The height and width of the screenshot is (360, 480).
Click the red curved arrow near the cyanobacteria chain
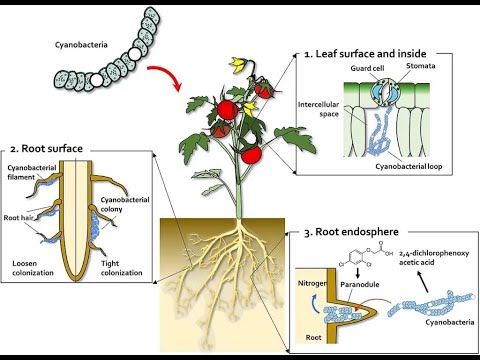(168, 74)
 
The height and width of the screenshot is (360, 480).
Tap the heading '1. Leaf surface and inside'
(365, 54)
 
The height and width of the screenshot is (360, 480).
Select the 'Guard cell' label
(367, 68)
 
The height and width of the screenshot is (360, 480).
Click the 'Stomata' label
(421, 66)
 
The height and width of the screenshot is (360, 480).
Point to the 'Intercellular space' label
(318, 109)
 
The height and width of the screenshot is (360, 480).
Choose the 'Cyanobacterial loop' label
(409, 166)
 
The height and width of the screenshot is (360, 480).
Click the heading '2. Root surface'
(46, 149)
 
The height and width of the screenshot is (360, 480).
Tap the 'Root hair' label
(18, 218)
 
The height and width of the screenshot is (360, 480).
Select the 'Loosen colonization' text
(33, 268)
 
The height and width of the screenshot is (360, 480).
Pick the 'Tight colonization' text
(122, 268)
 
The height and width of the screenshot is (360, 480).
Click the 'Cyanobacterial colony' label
(125, 204)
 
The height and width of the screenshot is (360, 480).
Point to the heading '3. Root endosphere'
(351, 232)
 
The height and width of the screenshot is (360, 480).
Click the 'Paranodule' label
(360, 284)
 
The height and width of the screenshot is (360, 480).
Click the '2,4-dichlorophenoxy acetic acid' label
(434, 258)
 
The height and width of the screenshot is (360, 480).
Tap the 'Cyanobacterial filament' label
(32, 172)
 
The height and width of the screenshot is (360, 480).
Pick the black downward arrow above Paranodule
(358, 273)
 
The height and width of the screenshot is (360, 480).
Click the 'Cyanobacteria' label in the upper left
(81, 45)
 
